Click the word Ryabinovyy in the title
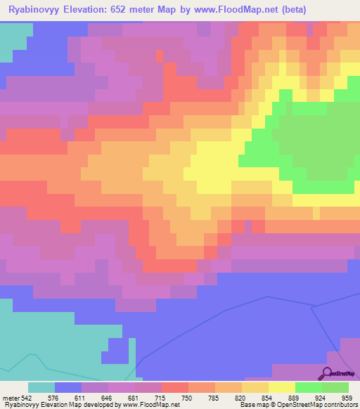34,10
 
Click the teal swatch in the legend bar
41,387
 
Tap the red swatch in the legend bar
175,387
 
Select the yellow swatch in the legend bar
282,387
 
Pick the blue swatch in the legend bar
68,387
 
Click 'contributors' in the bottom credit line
340,405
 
